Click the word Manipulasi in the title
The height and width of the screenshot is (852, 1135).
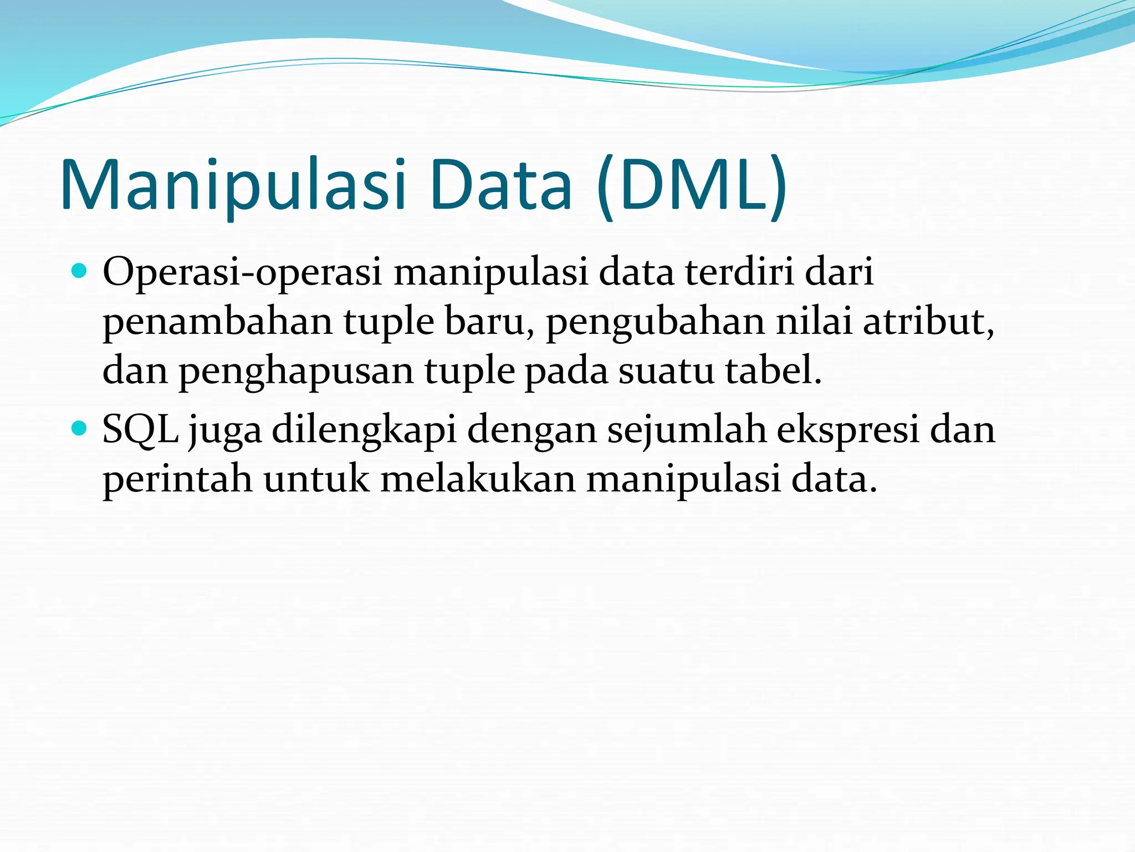tap(233, 185)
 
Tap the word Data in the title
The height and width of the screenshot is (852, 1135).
tap(500, 185)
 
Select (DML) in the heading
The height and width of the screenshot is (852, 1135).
tap(692, 185)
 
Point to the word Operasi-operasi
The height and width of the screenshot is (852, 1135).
tap(242, 273)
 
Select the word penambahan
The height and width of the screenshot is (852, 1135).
tap(217, 322)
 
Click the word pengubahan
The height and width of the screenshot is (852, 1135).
tap(655, 323)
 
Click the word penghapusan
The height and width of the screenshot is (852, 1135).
tap(296, 372)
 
